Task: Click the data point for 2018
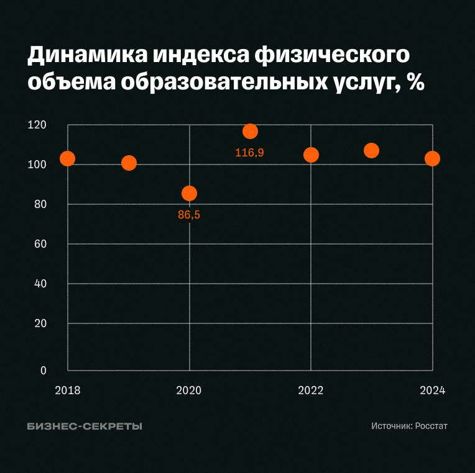click(x=68, y=158)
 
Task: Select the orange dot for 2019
click(x=129, y=163)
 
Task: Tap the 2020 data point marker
click(x=189, y=193)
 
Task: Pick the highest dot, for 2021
click(x=250, y=131)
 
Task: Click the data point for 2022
click(x=311, y=155)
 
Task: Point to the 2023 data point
click(x=371, y=150)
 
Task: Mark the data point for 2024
click(x=432, y=158)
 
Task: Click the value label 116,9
click(x=249, y=152)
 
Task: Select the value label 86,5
click(x=189, y=215)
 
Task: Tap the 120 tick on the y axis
click(x=37, y=125)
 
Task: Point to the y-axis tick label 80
click(x=40, y=204)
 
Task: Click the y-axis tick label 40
click(x=40, y=284)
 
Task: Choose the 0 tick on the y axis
click(x=44, y=371)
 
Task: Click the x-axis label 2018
click(x=68, y=390)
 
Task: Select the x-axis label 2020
click(x=189, y=390)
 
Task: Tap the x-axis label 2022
click(x=311, y=390)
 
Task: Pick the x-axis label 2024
click(x=432, y=390)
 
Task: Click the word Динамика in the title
click(x=86, y=56)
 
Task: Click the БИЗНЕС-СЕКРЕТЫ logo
click(x=85, y=426)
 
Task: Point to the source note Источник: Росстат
click(x=409, y=426)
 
